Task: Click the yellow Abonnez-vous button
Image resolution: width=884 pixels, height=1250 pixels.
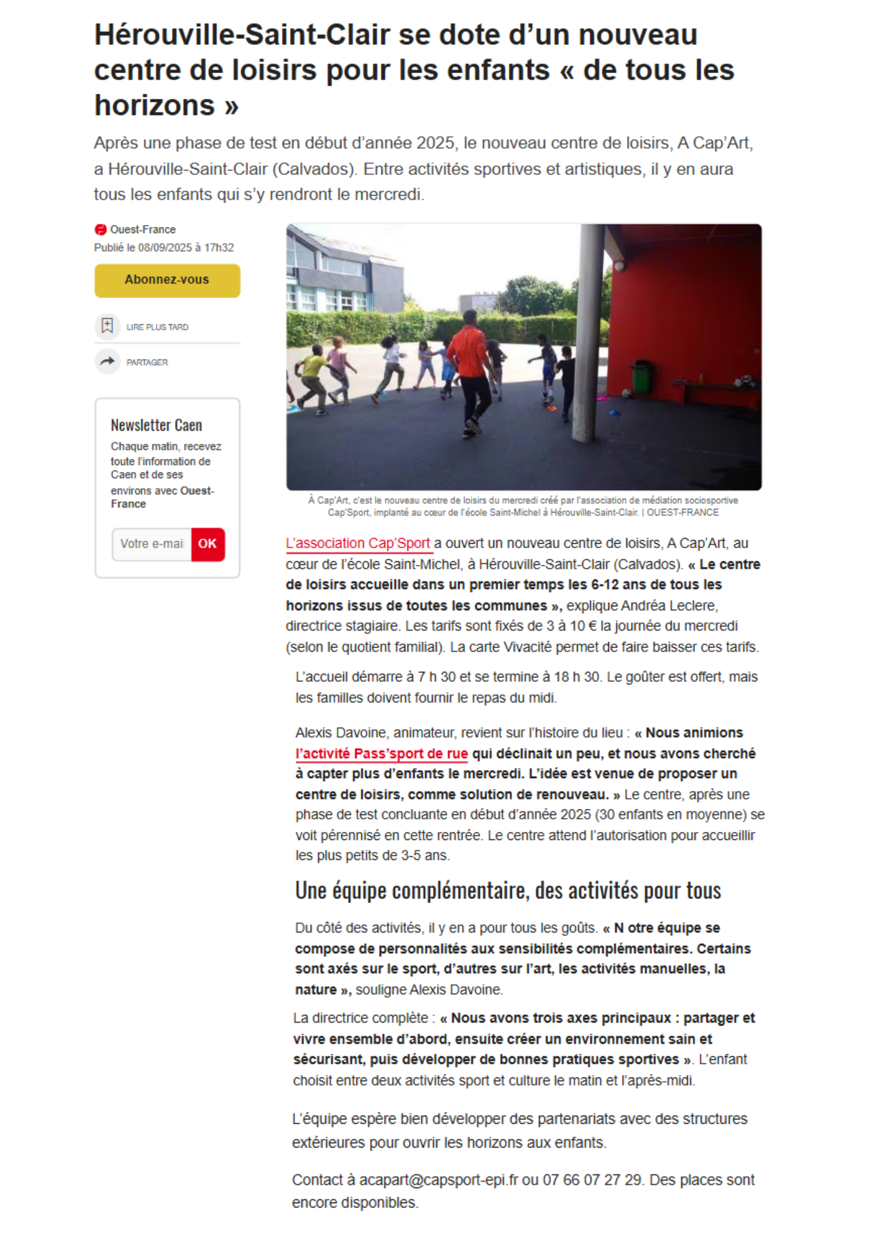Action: tap(167, 280)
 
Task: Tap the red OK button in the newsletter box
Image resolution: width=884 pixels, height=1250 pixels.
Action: tap(208, 544)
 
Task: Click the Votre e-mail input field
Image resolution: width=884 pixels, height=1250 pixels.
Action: tap(152, 544)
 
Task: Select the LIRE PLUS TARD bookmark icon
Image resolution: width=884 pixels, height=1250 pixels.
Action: tap(108, 326)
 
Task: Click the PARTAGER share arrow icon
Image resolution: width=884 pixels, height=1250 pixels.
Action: tap(108, 361)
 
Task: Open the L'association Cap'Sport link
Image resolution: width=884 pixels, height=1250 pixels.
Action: tap(358, 544)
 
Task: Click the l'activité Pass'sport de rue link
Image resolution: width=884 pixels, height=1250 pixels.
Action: tap(381, 754)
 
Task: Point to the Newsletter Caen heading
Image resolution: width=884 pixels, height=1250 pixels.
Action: tap(156, 426)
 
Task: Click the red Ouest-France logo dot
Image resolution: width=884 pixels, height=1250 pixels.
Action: tap(101, 229)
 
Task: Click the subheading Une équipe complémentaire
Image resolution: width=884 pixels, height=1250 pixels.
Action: tap(508, 891)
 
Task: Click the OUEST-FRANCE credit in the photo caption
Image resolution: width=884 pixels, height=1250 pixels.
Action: tap(683, 512)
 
